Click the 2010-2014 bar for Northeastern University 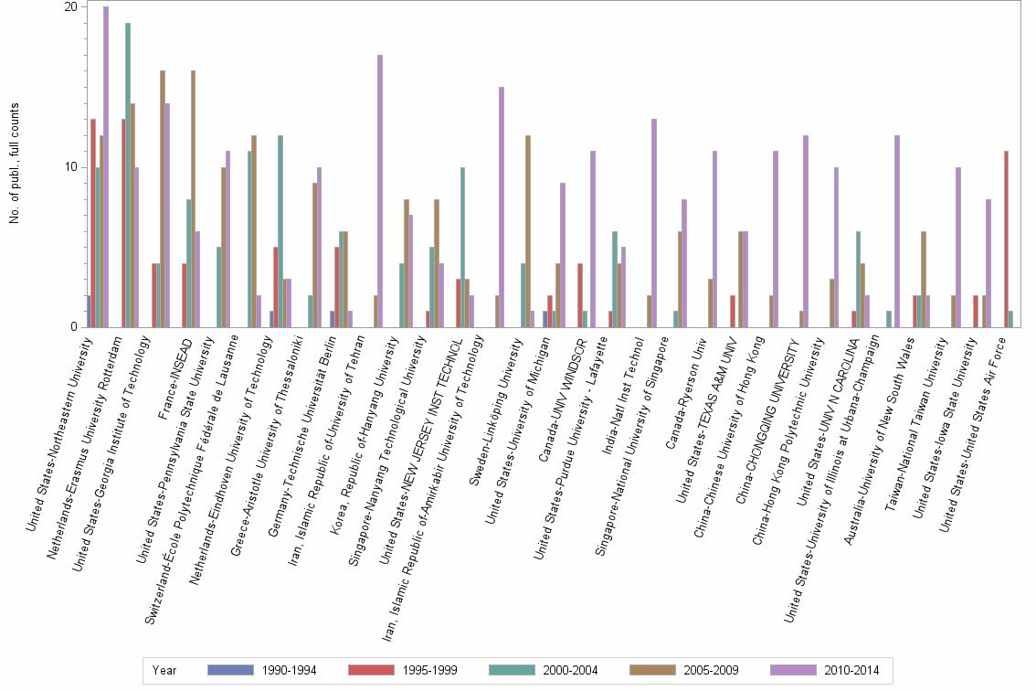[x=106, y=167]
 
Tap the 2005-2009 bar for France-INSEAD [x=194, y=199]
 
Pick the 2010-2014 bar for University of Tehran [x=380, y=191]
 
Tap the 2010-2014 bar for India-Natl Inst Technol [x=653, y=223]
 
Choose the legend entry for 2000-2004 [x=569, y=670]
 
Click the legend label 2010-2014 [x=851, y=670]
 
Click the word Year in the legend [x=164, y=670]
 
